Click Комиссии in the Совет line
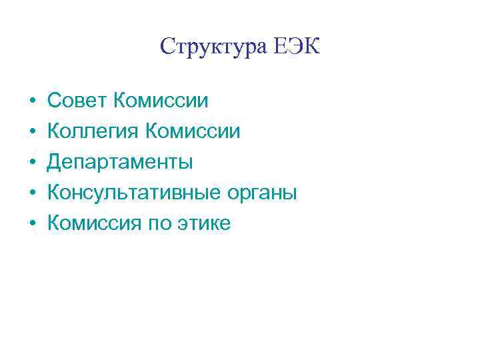pos(161,101)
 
